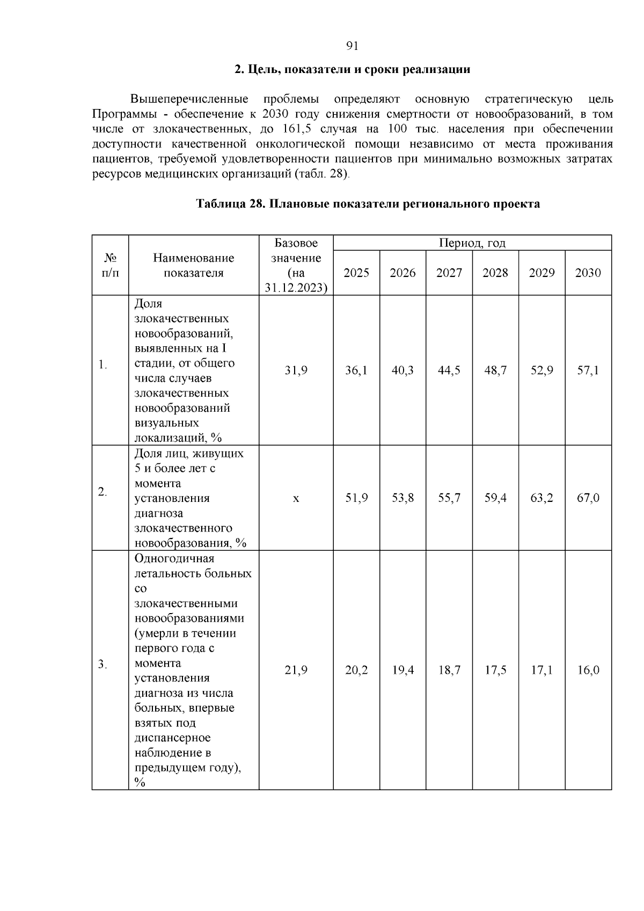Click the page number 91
pos(352,46)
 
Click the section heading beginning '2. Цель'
pos(352,70)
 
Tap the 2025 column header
pos(356,273)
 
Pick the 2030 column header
pos(588,273)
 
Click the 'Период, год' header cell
pos(472,243)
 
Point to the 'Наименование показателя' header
pos(194,265)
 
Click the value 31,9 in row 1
pos(296,370)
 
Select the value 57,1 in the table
pos(588,370)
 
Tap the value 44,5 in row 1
pos(449,370)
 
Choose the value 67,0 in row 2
pos(588,498)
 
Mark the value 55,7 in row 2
pos(449,498)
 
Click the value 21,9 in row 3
pos(296,670)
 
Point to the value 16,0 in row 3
pos(588,670)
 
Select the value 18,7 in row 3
pos(449,670)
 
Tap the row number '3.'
pos(103,665)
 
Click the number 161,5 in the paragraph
pos(298,129)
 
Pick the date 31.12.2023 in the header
pos(296,288)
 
